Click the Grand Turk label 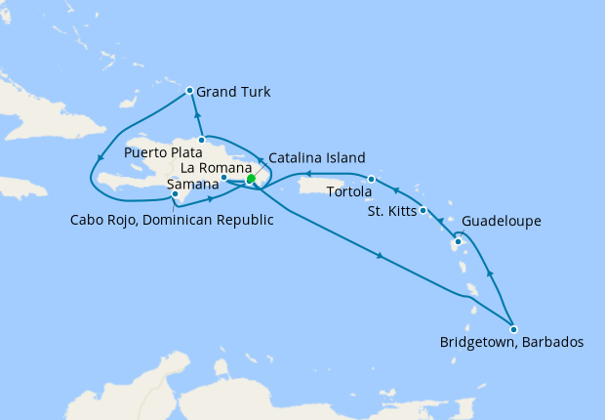point(233,93)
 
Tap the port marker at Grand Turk point(189,92)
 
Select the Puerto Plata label point(164,153)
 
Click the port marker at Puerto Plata point(201,140)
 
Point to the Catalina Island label point(316,157)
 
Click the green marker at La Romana point(251,179)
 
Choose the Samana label point(191,185)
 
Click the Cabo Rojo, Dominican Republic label point(172,219)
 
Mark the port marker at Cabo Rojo point(175,193)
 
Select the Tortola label point(349,191)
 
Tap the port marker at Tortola point(372,179)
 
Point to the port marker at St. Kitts point(423,210)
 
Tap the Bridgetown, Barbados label point(511,343)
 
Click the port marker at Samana point(224,178)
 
